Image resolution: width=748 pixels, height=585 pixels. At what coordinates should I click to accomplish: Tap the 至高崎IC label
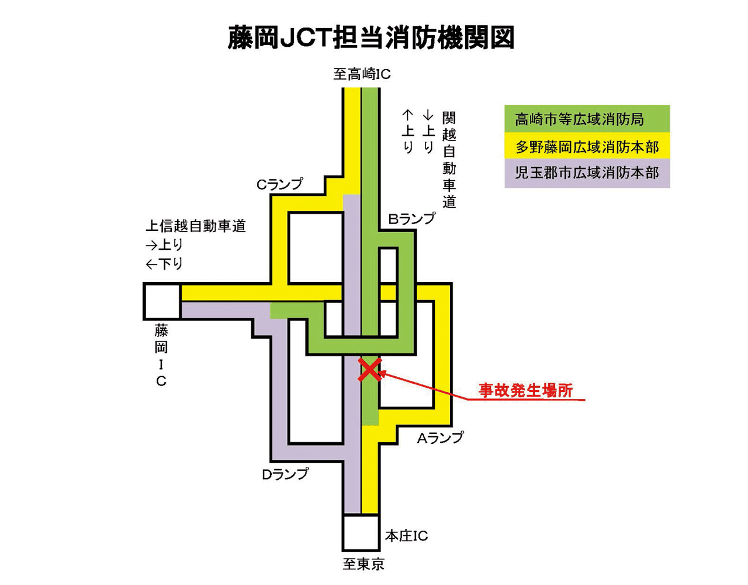(362, 74)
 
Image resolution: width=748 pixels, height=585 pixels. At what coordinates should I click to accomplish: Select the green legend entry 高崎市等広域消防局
(587, 119)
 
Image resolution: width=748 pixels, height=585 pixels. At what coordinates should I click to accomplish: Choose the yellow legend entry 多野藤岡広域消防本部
(587, 146)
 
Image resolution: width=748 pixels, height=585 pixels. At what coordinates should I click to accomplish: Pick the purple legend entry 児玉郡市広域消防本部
(587, 173)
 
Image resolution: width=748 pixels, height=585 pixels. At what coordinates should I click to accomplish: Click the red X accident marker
(370, 370)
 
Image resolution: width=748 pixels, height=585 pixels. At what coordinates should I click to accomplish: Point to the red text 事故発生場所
(525, 390)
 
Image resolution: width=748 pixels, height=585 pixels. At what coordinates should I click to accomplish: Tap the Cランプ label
(280, 184)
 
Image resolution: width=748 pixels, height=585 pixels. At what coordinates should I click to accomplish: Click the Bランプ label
(412, 219)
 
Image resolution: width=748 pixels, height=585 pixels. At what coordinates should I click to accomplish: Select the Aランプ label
(440, 438)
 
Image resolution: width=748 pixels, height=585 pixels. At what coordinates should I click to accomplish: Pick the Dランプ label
(285, 474)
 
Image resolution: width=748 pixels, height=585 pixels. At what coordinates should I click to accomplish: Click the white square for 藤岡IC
(162, 301)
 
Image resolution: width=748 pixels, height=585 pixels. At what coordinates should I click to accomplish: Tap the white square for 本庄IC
(361, 533)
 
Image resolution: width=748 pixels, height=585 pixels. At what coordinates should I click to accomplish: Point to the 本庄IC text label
(406, 536)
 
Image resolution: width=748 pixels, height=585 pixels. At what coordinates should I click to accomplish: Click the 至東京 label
(363, 565)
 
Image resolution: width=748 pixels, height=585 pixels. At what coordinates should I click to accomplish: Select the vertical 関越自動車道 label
(449, 160)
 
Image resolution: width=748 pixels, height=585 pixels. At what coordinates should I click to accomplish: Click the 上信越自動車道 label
(195, 226)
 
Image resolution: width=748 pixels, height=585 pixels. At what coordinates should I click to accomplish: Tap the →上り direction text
(164, 245)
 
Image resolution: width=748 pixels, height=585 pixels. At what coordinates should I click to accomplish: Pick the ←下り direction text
(164, 264)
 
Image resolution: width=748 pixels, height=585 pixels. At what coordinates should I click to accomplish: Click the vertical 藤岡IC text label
(161, 355)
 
